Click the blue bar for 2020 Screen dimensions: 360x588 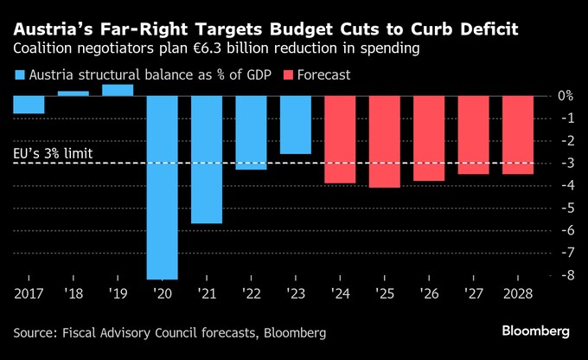click(162, 187)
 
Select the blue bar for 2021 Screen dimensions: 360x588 click(206, 159)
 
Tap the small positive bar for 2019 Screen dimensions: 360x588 click(118, 90)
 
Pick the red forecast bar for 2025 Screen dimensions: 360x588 click(383, 141)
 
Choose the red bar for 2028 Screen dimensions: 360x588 click(516, 135)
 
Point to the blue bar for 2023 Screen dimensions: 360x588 click(295, 125)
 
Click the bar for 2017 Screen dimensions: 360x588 click(29, 105)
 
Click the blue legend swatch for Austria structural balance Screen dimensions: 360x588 click(20, 75)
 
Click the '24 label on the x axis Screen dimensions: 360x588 click(339, 295)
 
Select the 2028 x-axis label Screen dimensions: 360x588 click(516, 295)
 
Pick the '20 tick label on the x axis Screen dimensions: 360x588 click(162, 295)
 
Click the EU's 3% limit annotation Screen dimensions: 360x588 click(53, 155)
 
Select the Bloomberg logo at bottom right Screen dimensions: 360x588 click(536, 331)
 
